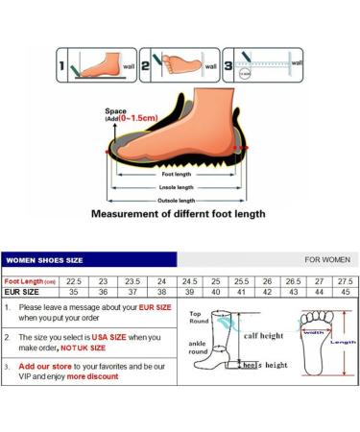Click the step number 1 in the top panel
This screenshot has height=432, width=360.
(x=62, y=67)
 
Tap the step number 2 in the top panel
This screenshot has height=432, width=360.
(x=148, y=67)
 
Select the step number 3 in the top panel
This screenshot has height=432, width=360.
(x=229, y=67)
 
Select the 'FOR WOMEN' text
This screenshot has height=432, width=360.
(x=327, y=259)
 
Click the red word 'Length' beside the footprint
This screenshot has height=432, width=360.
(x=343, y=342)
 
